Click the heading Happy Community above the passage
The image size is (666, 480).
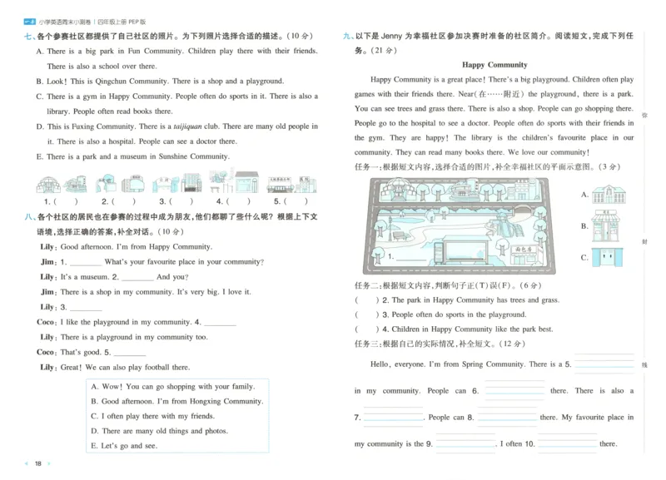(x=494, y=64)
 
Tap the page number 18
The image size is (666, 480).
(x=38, y=463)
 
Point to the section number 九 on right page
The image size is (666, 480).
(x=347, y=37)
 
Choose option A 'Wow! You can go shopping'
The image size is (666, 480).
(x=172, y=387)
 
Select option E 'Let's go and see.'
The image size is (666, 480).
(x=129, y=446)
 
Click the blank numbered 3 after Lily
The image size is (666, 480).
(x=84, y=307)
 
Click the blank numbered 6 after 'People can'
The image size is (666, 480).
(x=514, y=390)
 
